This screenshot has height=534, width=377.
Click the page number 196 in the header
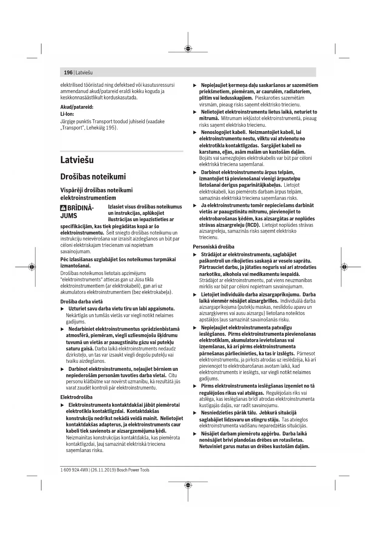[x=68, y=72]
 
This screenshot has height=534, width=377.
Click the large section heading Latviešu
[x=77, y=160]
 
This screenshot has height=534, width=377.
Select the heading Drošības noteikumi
[x=93, y=177]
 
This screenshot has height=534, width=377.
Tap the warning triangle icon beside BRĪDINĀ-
[x=63, y=209]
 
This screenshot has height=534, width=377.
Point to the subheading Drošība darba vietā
[x=81, y=302]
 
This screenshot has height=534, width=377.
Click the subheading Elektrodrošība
[x=76, y=397]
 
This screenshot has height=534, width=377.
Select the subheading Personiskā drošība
[x=214, y=247]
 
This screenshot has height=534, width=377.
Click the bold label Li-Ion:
[x=67, y=114]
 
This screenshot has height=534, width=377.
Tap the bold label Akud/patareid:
[x=77, y=107]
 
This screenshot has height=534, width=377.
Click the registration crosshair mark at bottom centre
[x=188, y=485]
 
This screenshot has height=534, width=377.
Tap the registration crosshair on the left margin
[x=32, y=267]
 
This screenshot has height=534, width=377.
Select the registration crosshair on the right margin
[x=344, y=267]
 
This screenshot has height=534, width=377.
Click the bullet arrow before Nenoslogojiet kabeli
[x=195, y=132]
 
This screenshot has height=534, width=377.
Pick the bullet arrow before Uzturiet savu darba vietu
[x=63, y=309]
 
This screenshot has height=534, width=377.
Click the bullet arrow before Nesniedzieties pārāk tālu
[x=195, y=413]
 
